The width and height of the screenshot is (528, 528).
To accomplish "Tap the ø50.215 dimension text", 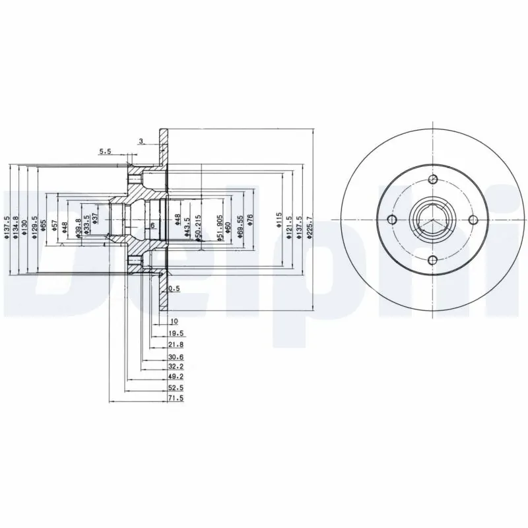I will click(x=197, y=225).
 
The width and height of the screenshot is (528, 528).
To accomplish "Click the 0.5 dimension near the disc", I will click(x=174, y=289).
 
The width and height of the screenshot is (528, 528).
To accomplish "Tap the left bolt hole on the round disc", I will click(x=392, y=220).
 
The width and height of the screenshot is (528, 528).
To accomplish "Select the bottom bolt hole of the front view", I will click(x=433, y=260).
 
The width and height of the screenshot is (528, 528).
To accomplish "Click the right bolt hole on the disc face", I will click(x=473, y=220).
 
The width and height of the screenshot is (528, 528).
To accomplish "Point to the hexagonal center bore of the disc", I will click(x=432, y=220).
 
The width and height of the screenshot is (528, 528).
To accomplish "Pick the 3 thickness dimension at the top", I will click(x=141, y=141).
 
